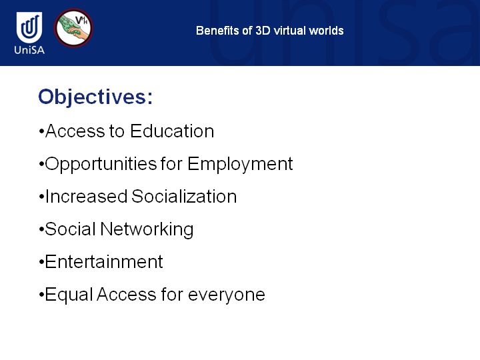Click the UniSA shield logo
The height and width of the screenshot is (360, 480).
pos(29,27)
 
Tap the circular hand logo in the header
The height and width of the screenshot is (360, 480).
pos(73,28)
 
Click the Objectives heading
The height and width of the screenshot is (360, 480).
pos(95,97)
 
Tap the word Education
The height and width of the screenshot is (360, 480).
pos(172,131)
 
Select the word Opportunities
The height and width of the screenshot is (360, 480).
pos(101,165)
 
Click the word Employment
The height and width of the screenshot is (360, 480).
pos(240,165)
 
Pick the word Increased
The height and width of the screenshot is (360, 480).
pos(86,196)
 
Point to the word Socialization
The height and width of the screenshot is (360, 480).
pos(184,196)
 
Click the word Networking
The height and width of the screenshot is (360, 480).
pos(147,229)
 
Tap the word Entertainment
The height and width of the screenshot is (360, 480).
pos(104,262)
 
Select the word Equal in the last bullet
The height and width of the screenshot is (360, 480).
pos(69,295)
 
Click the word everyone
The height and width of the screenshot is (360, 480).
pos(227,295)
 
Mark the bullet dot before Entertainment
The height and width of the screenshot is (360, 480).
pos(41,263)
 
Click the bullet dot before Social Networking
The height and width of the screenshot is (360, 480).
pos(41,229)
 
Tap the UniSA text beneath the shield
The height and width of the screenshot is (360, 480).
pos(29,50)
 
